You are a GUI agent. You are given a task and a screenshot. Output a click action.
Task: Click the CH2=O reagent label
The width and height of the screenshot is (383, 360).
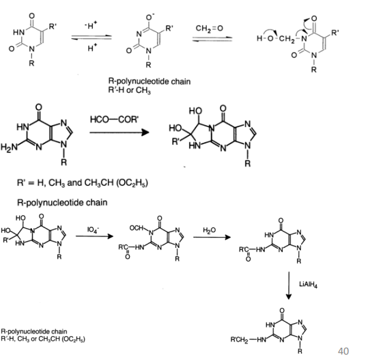pyautogui.click(x=209, y=29)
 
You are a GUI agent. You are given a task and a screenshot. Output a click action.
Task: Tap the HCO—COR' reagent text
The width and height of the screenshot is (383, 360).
pyautogui.click(x=114, y=120)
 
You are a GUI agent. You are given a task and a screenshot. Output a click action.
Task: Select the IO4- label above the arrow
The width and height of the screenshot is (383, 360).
pyautogui.click(x=93, y=230)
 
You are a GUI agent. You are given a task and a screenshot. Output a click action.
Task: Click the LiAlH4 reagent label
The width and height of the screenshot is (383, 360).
pyautogui.click(x=309, y=284)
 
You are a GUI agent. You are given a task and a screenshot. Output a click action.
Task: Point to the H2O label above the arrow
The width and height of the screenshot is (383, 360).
pyautogui.click(x=210, y=230)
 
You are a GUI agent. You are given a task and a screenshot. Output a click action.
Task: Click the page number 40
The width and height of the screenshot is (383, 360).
pyautogui.click(x=343, y=351)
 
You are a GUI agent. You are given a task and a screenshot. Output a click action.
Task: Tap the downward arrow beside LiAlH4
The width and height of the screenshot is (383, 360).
pyautogui.click(x=289, y=286)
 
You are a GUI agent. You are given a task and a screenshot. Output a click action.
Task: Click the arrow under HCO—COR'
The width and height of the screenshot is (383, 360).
pyautogui.click(x=119, y=133)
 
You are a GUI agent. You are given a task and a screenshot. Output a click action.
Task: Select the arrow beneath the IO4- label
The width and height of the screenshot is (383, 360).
pyautogui.click(x=94, y=236)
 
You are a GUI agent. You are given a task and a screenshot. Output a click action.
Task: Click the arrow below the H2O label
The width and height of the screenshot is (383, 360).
pyautogui.click(x=212, y=237)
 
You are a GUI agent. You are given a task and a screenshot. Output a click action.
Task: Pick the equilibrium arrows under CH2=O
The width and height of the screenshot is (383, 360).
pyautogui.click(x=212, y=39)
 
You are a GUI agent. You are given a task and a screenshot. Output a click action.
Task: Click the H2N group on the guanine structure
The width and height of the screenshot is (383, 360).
pyautogui.click(x=9, y=147)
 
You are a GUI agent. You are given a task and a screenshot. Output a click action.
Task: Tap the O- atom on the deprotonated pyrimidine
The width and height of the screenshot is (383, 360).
pyautogui.click(x=150, y=17)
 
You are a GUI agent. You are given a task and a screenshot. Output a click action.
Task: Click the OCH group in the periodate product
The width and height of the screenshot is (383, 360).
pyautogui.click(x=137, y=228)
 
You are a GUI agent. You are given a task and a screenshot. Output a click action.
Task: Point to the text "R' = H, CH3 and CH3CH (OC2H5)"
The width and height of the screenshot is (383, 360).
pyautogui.click(x=83, y=183)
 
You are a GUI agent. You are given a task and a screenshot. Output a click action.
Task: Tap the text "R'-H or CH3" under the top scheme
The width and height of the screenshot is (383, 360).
pyautogui.click(x=130, y=90)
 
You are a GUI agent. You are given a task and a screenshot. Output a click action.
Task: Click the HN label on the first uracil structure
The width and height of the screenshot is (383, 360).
pyautogui.click(x=18, y=32)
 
